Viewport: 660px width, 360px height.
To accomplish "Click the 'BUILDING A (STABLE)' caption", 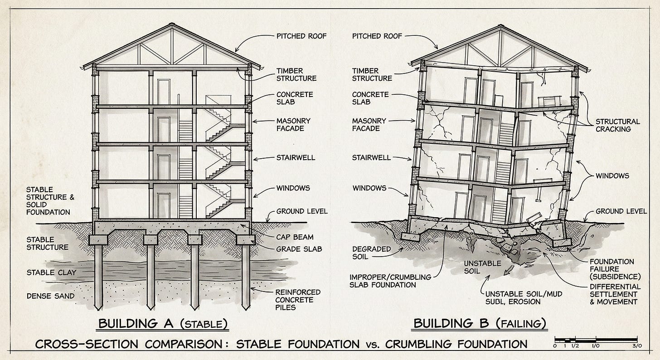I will [162, 323].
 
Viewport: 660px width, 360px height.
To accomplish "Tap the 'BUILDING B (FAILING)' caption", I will [480, 323].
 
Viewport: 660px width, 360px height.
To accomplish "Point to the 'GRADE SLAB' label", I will [294, 248].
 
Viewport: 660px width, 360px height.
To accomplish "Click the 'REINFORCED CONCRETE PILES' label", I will [298, 300].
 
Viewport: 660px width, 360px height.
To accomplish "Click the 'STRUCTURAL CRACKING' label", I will [617, 125].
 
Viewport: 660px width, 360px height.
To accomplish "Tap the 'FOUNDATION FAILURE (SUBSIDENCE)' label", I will [615, 269].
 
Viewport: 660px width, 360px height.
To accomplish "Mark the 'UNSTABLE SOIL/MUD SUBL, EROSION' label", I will [524, 298].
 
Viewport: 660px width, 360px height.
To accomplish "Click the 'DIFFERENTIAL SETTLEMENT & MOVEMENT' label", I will [615, 294].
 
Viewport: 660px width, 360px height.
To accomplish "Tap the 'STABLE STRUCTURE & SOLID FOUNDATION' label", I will [48, 200].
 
